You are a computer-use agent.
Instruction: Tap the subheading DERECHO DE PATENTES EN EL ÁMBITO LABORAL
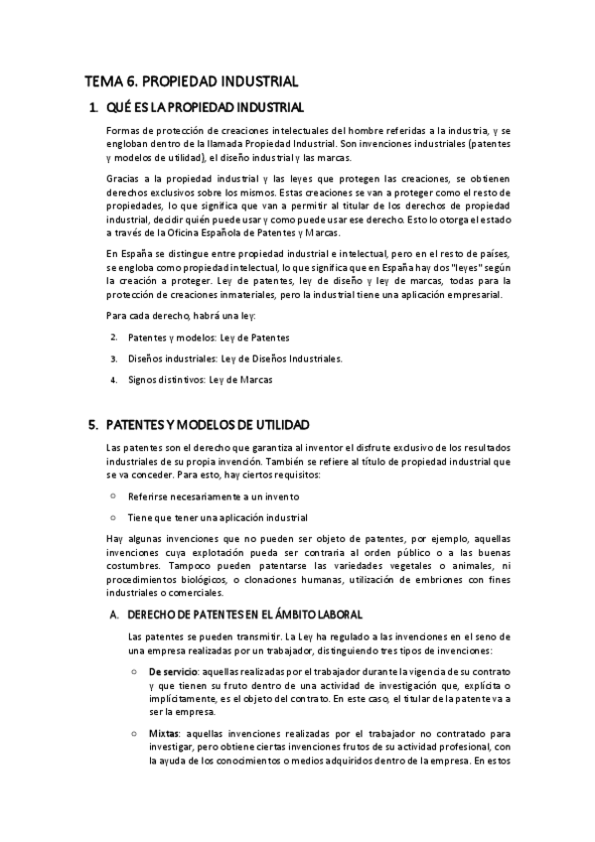245,615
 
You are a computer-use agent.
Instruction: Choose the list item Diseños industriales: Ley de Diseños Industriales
234,358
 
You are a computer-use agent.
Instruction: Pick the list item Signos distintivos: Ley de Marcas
200,379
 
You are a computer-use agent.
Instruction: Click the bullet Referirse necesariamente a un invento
213,495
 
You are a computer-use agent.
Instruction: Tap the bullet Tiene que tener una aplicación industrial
218,517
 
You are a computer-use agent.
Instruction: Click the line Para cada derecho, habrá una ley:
181,316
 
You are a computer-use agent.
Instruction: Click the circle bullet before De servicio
135,672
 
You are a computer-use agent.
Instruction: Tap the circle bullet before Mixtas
135,734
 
